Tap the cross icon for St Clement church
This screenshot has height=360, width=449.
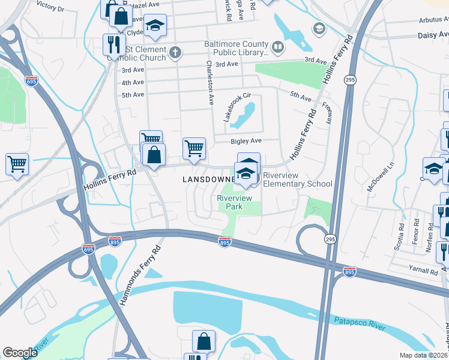pos(175,52)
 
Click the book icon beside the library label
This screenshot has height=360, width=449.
pos(277,46)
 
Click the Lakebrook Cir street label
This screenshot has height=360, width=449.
pos(236,107)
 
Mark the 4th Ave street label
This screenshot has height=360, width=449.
pos(133,83)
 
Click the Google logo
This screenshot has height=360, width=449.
pos(20,353)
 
